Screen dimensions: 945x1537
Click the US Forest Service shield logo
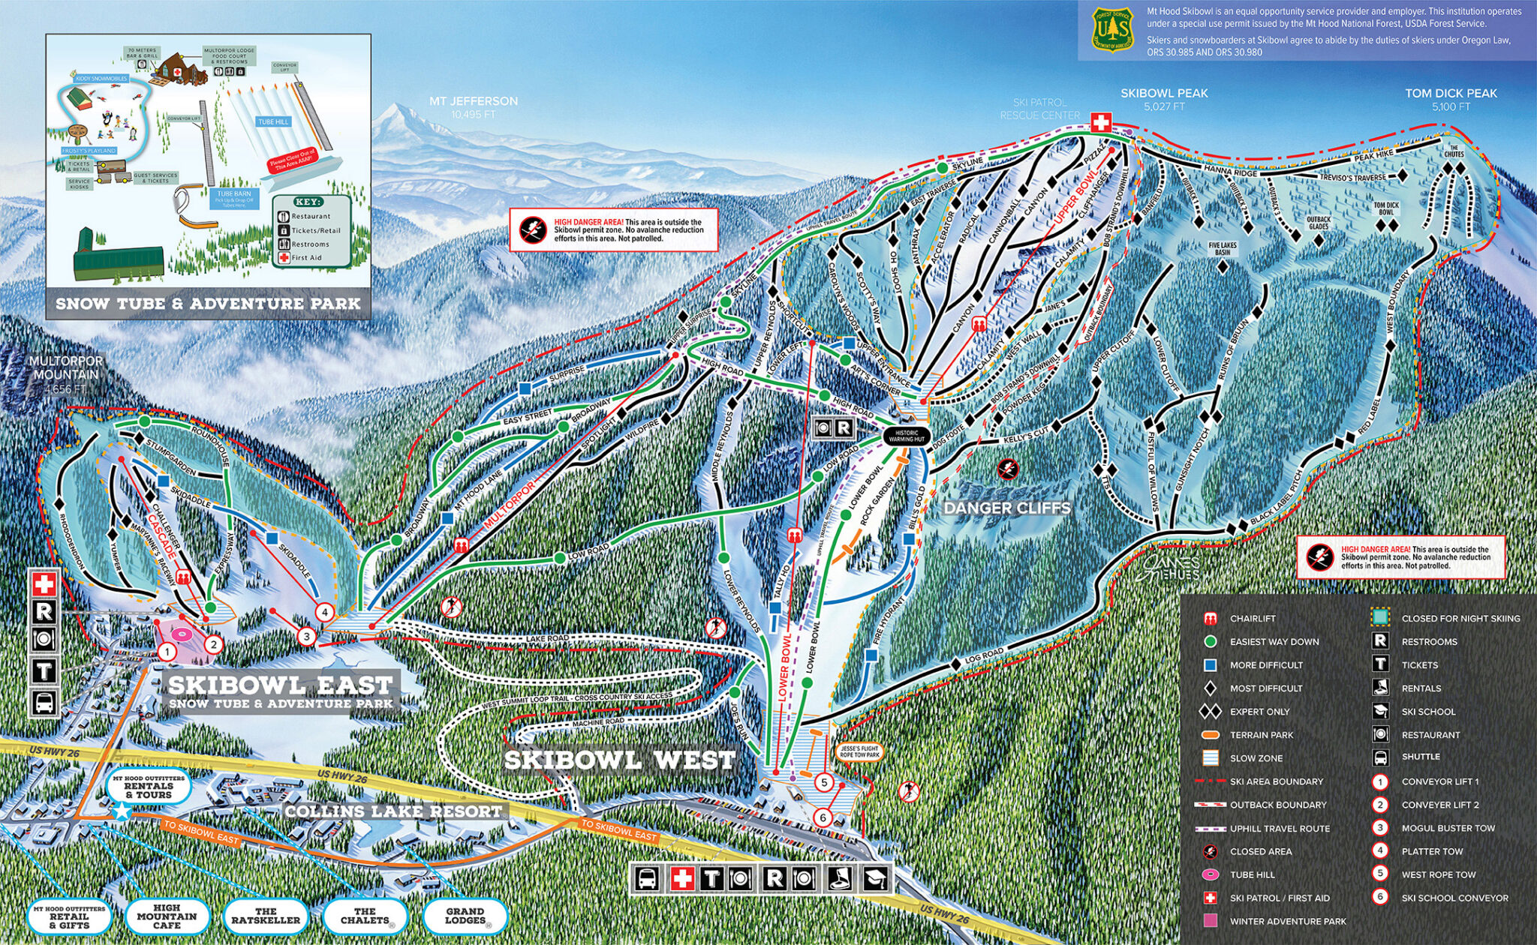click(x=1111, y=30)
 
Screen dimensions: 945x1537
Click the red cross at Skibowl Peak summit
click(x=1101, y=122)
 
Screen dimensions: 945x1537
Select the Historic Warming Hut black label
click(x=907, y=436)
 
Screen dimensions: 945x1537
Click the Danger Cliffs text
click(x=1007, y=508)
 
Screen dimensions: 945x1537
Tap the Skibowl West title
click(x=619, y=760)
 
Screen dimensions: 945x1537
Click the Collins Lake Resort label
click(x=393, y=811)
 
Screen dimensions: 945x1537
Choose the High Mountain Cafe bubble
click(x=167, y=916)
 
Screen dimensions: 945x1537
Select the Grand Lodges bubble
click(x=465, y=916)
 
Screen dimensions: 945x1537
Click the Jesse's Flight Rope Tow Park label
click(x=859, y=751)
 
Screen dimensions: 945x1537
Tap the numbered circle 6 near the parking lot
click(x=823, y=817)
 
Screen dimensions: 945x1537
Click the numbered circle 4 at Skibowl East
click(x=324, y=612)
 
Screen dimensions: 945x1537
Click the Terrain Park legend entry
click(x=1261, y=735)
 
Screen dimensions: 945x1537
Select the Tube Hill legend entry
click(x=1252, y=874)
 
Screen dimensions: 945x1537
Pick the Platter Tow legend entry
click(x=1431, y=851)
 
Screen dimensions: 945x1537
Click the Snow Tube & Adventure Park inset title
click(x=208, y=304)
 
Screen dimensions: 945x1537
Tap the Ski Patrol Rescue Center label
click(x=1039, y=109)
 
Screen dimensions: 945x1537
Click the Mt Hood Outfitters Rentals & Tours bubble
click(x=149, y=787)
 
